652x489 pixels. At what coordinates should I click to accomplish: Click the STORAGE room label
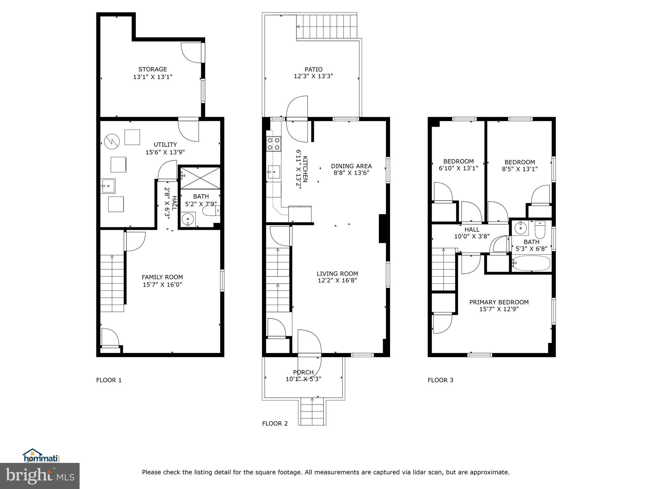click(x=152, y=69)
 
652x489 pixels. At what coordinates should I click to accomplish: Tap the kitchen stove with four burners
click(x=273, y=144)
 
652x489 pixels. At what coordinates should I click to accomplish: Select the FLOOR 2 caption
click(x=275, y=423)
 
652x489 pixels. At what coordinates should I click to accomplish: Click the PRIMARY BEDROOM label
click(x=499, y=302)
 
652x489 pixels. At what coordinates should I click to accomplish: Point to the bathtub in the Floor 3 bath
click(x=531, y=263)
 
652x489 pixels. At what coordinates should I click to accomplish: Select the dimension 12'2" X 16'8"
click(x=337, y=280)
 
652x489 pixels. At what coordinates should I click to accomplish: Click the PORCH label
click(x=303, y=372)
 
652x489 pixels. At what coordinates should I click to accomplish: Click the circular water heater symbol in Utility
click(x=112, y=140)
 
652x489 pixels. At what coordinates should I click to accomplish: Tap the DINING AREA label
click(x=351, y=166)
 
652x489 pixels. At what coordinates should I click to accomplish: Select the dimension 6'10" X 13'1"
click(x=458, y=168)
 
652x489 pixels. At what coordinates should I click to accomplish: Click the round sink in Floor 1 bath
click(x=188, y=219)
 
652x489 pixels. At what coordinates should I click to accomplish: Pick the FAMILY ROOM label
click(x=162, y=277)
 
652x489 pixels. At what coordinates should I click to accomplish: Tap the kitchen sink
click(x=273, y=173)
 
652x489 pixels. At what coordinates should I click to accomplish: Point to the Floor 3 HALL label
click(x=472, y=230)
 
